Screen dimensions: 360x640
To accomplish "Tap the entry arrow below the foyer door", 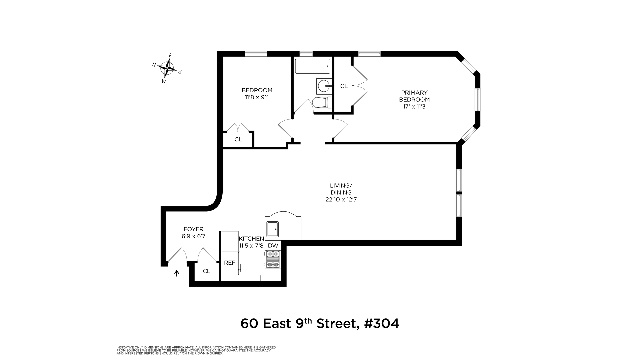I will coord(177,273).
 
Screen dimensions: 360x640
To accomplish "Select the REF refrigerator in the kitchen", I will coord(229,263).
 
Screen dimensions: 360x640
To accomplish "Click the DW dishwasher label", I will coord(273,246).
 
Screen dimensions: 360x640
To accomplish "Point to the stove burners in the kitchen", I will coord(273,259).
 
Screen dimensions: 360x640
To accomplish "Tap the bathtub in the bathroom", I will coord(312,66).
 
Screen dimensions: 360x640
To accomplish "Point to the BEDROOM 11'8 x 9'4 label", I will coord(257,94).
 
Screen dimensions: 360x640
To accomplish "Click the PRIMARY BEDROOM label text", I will coord(414,96).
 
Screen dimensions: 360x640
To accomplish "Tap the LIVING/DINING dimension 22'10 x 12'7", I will coord(341,200).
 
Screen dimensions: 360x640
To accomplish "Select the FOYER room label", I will coord(193,229).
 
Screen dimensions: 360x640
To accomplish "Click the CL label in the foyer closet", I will coord(206,271).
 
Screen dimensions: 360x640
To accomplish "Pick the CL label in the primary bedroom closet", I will coord(344,86).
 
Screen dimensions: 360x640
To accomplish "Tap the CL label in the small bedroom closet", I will coord(238,139).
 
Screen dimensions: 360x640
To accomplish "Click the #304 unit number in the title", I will coord(382,323).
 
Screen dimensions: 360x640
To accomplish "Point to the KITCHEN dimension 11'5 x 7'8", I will coord(251,246).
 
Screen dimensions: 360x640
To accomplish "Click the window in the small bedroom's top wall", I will coord(256,54).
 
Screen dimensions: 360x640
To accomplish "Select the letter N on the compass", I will coord(154,65).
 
